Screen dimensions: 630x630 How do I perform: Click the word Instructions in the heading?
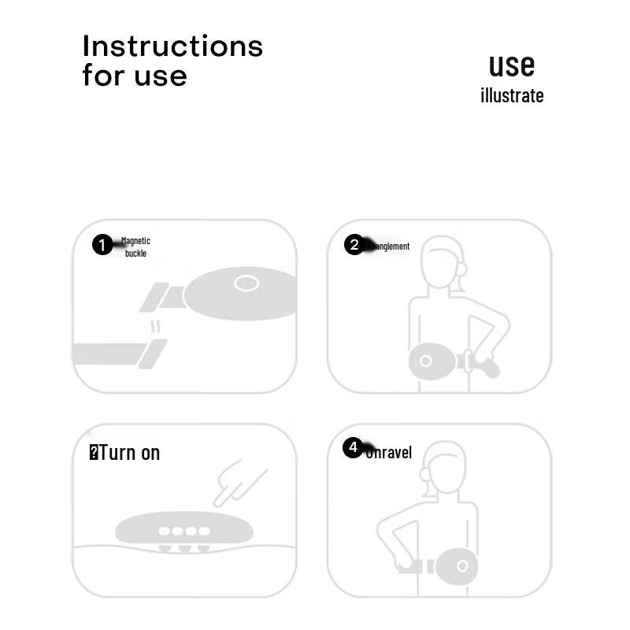click(172, 46)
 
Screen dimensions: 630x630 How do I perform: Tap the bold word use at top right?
click(511, 65)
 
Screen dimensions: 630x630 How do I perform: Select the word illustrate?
click(512, 96)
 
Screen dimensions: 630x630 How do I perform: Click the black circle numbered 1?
click(102, 245)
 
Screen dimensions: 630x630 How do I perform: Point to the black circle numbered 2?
click(354, 245)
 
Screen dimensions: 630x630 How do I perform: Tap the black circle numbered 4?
click(353, 447)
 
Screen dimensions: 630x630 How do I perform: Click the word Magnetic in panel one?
click(135, 241)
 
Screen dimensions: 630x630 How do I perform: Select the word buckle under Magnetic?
click(135, 254)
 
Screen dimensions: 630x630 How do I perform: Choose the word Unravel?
click(389, 453)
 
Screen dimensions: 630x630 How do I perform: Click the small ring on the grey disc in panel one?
click(246, 283)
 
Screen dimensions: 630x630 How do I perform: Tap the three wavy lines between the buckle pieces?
click(156, 325)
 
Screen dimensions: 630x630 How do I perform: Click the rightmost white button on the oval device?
click(204, 531)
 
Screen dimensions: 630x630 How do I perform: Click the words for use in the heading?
click(135, 76)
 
